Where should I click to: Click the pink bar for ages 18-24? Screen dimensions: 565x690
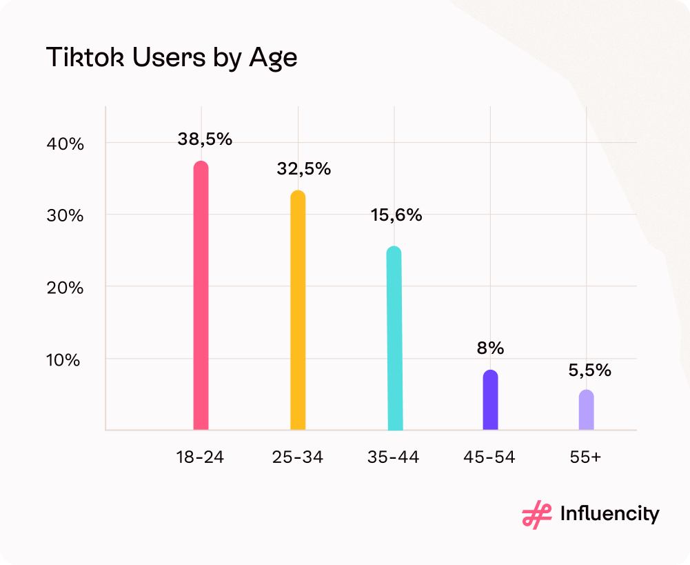(x=201, y=297)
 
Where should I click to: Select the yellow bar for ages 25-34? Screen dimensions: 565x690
(x=298, y=310)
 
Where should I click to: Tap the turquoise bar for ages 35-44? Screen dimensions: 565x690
(x=394, y=339)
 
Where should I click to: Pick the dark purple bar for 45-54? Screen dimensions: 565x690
(x=490, y=400)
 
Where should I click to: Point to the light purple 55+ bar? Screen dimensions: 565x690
(x=586, y=410)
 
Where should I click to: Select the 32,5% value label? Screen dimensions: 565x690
(x=304, y=168)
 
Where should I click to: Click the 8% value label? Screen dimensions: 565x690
(x=490, y=348)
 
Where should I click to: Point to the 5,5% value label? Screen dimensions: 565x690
(x=590, y=370)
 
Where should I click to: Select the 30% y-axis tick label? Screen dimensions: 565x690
(x=66, y=216)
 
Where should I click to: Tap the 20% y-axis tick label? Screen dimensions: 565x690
(x=66, y=288)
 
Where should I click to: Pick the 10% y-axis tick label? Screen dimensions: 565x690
(x=66, y=359)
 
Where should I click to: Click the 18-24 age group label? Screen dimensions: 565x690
(x=201, y=457)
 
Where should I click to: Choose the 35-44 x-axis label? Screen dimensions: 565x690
(x=394, y=457)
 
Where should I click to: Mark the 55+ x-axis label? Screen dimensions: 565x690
(x=586, y=457)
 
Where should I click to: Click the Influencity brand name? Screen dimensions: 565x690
(x=609, y=515)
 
